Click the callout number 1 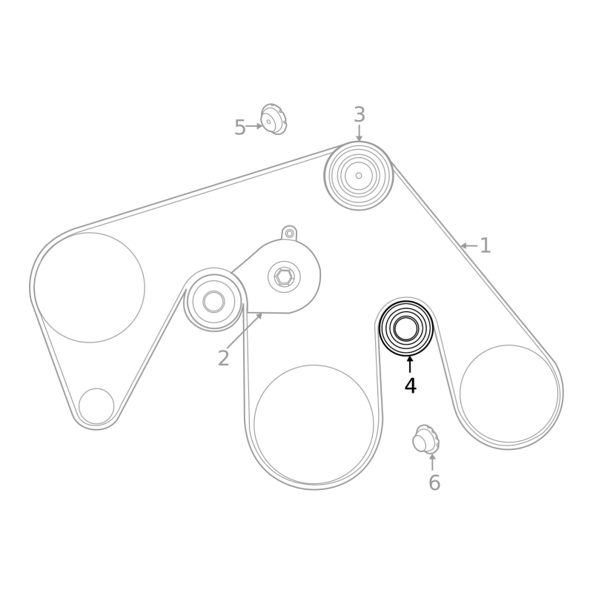486,246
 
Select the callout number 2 224,358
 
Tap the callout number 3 360,115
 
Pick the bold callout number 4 411,386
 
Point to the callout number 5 240,127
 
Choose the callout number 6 434,483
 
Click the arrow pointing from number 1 468,246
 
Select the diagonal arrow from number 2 245,330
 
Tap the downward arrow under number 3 359,133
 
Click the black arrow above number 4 410,364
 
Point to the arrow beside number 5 254,126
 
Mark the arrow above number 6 432,462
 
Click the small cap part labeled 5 274,119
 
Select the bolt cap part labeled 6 425,439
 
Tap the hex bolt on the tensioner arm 284,276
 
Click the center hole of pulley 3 359,176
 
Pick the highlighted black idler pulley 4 406,328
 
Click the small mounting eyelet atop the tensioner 289,233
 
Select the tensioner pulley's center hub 213,302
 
